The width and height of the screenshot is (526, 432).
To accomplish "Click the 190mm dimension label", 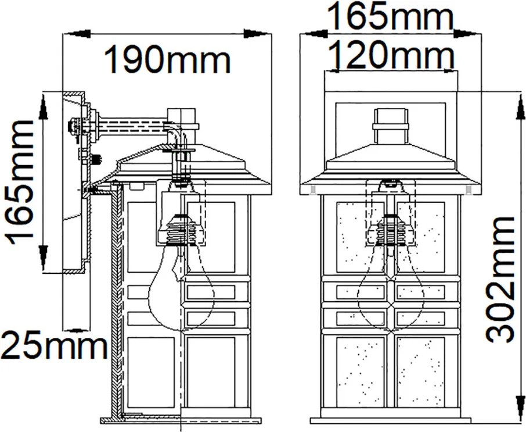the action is pos(168,60).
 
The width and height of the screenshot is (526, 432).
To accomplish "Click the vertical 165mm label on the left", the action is pos(20,183).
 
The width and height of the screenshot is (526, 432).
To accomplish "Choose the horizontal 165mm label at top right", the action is pos(391,15).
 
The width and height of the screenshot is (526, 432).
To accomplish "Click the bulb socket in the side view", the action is pos(181,230).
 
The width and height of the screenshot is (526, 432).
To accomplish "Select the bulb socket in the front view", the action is pos(389,230).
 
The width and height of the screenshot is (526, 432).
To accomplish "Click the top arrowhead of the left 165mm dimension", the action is pos(43,106).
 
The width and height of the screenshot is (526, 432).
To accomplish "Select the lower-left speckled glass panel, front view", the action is pos(360,372).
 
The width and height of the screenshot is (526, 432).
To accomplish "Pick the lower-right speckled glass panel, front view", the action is pos(420,372).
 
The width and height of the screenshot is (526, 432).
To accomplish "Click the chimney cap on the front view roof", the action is pos(391,126).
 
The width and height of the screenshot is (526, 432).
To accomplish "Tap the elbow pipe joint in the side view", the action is pos(175,134).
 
